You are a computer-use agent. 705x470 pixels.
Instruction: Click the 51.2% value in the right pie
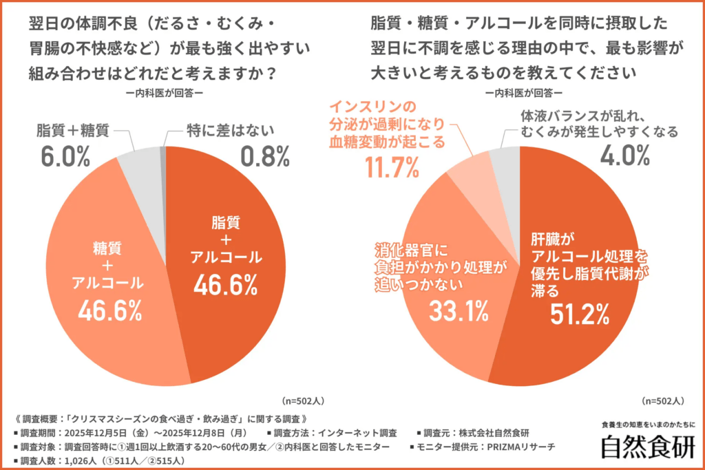point(579,313)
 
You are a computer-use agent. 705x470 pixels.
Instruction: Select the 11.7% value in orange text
point(393,167)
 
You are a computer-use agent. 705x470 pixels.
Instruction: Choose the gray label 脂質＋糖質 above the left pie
point(72,129)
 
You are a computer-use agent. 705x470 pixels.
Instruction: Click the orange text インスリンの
point(373,107)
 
